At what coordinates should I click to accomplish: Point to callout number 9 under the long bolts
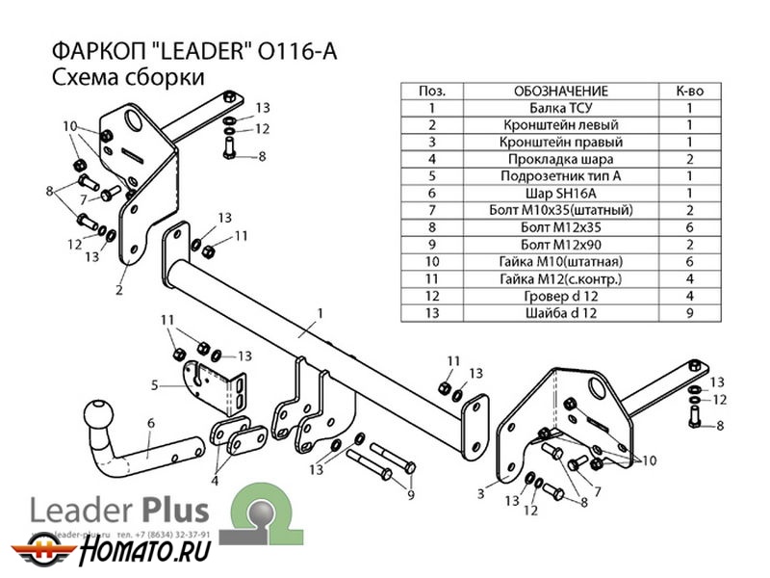coord(410,495)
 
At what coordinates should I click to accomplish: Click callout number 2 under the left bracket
coord(120,287)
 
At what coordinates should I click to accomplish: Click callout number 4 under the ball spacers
coord(216,481)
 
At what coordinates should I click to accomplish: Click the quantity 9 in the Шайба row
coord(689,313)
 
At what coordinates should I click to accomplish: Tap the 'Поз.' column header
coord(432,91)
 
